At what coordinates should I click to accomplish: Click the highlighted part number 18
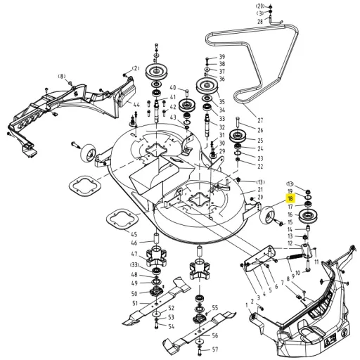(x=290, y=199)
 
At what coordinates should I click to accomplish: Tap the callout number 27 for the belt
(x=260, y=120)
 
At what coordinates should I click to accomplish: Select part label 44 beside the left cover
(x=136, y=105)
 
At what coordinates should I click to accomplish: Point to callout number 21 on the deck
(x=260, y=189)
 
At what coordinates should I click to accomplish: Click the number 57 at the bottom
(x=215, y=349)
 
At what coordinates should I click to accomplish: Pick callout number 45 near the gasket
(x=134, y=234)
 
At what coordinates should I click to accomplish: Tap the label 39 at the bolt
(x=222, y=57)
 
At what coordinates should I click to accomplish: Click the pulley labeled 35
(x=207, y=86)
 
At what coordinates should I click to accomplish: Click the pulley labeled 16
(x=307, y=215)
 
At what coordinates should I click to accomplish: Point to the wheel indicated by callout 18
(x=268, y=215)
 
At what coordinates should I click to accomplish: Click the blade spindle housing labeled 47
(x=156, y=257)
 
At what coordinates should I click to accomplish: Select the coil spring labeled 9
(x=295, y=257)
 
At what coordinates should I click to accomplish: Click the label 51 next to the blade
(x=135, y=303)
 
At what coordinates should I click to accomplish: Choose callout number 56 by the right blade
(x=215, y=335)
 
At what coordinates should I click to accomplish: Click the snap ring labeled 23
(x=238, y=153)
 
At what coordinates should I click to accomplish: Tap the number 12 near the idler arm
(x=290, y=243)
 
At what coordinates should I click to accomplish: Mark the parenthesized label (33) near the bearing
(x=134, y=265)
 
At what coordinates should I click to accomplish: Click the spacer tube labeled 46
(x=156, y=238)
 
